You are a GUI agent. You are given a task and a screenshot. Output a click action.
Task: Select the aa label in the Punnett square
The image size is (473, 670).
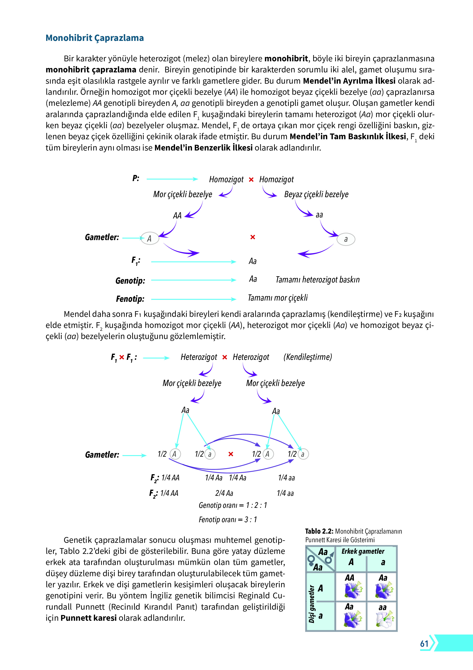click(382, 608)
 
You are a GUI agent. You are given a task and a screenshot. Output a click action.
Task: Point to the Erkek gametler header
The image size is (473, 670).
click(363, 551)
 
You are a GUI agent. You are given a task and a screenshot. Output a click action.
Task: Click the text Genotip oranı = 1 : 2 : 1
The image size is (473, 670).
click(232, 505)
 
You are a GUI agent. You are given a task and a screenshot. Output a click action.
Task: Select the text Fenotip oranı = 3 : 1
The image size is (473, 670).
click(228, 520)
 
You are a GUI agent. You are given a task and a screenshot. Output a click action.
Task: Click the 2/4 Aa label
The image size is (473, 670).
click(224, 493)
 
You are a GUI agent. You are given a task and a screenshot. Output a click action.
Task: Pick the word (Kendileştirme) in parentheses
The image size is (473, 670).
click(307, 357)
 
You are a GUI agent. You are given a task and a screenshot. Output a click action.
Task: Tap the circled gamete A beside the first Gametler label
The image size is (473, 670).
click(150, 238)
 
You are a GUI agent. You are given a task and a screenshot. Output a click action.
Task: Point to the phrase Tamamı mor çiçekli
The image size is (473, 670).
click(278, 298)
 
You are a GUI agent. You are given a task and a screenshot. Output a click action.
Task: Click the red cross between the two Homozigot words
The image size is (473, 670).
click(251, 180)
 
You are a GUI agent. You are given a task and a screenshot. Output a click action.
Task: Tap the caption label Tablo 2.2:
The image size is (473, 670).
click(319, 531)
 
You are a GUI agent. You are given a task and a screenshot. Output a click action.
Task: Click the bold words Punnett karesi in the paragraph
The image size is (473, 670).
click(89, 618)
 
